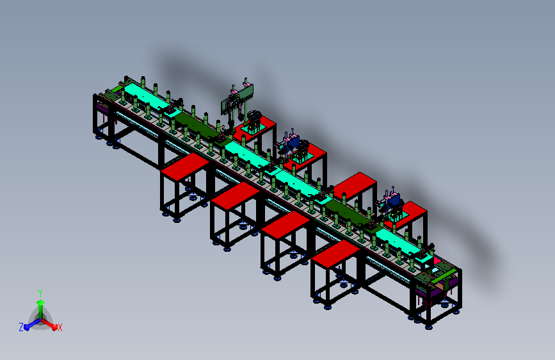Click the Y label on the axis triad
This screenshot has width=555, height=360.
click(x=40, y=293)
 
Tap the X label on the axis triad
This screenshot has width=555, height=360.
click(x=60, y=328)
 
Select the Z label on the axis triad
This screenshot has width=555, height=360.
click(x=21, y=327)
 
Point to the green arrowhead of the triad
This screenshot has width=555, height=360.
click(x=41, y=303)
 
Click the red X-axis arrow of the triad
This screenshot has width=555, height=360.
click(x=49, y=325)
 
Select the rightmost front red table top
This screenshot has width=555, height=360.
click(x=335, y=253)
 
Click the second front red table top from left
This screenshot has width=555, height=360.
click(x=236, y=195)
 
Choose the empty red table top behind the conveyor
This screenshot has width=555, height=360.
click(x=355, y=186)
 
